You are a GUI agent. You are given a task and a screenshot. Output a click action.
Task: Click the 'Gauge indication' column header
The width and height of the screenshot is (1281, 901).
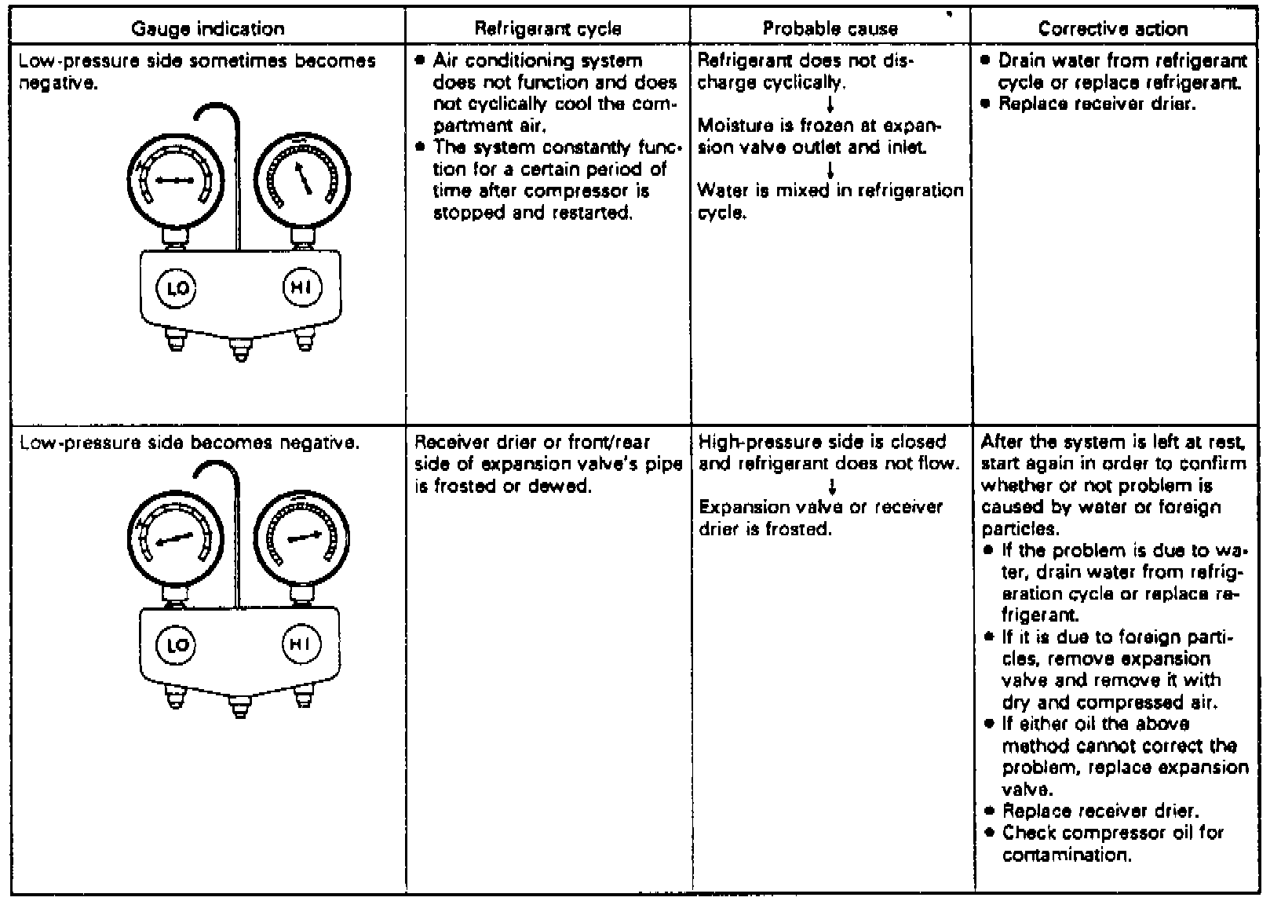tap(208, 29)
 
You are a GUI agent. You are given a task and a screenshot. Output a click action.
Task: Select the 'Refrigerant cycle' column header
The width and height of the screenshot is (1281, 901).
tap(548, 29)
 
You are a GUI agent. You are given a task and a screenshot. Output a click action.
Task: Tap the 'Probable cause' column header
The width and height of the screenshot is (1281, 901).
tap(830, 29)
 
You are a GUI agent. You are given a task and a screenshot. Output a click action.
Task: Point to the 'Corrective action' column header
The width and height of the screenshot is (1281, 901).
tap(1113, 29)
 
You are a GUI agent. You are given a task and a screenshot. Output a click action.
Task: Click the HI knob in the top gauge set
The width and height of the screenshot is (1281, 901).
tap(301, 288)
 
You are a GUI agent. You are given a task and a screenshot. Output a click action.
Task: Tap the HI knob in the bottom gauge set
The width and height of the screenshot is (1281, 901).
tap(301, 644)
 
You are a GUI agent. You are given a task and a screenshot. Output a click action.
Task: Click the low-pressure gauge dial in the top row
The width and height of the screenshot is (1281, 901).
tap(174, 181)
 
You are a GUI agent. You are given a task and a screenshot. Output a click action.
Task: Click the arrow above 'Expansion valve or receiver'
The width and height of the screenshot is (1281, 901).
tap(830, 486)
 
